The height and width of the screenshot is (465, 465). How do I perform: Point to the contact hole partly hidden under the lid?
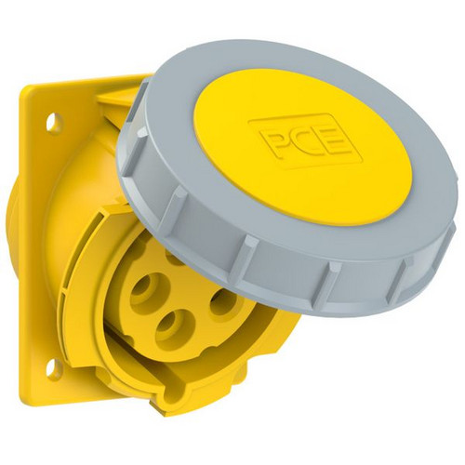174,259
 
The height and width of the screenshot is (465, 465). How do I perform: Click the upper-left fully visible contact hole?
145,288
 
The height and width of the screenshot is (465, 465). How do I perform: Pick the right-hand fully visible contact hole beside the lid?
224,301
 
